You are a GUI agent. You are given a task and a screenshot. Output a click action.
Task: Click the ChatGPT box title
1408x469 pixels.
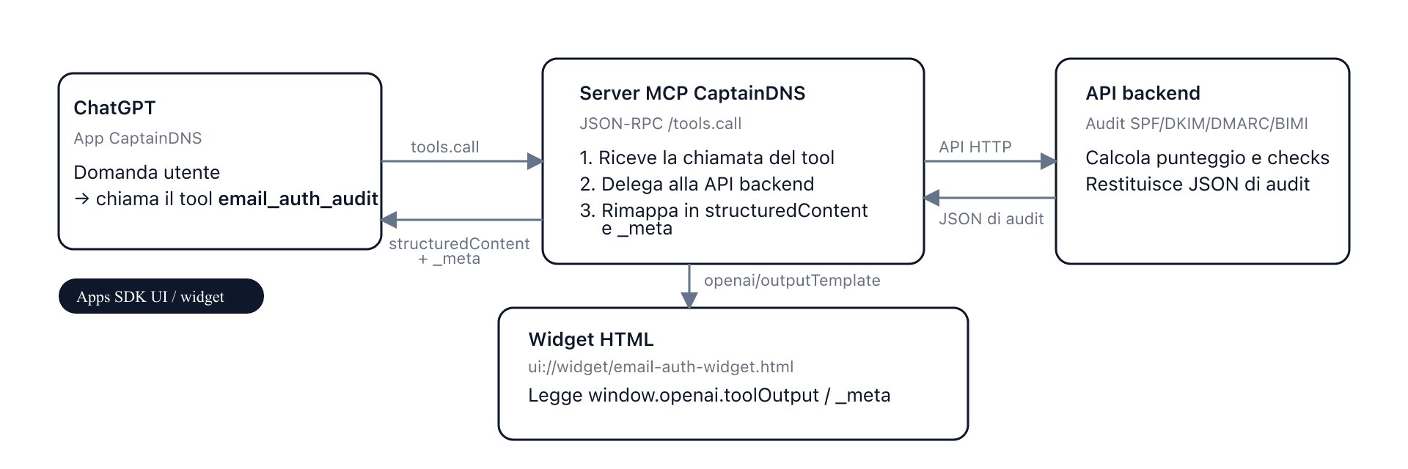[x=114, y=108]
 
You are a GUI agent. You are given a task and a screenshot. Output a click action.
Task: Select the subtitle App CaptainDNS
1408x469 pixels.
[x=137, y=139]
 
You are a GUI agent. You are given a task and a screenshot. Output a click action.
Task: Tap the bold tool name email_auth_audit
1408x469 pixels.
[x=298, y=199]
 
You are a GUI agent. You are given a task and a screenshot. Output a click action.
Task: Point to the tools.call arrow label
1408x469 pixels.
[x=444, y=147]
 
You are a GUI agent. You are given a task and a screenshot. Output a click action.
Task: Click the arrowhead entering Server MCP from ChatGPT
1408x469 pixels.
[x=535, y=161]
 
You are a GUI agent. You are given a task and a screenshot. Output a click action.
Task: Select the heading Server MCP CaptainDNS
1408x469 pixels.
[x=692, y=93]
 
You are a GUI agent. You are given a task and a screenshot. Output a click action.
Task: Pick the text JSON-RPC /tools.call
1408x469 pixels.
[x=660, y=124]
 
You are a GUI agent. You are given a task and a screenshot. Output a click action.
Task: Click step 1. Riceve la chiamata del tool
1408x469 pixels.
[x=706, y=158]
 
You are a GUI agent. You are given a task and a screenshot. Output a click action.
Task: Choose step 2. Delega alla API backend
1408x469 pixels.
[x=697, y=184]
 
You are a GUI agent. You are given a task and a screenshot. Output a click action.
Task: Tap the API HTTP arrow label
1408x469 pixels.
[x=975, y=147]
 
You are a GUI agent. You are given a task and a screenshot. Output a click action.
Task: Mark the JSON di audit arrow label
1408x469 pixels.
[x=991, y=219]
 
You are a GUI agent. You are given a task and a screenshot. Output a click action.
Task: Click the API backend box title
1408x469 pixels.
[x=1143, y=93]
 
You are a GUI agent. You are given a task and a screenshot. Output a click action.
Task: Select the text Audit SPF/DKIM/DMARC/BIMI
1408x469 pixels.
[x=1196, y=124]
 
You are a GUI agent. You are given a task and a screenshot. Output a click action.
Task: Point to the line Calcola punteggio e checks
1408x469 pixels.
[x=1207, y=158]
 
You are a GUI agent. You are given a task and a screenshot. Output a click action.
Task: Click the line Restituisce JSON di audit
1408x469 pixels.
[x=1197, y=184]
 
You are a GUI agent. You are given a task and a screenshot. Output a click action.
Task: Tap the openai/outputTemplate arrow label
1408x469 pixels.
[x=791, y=281]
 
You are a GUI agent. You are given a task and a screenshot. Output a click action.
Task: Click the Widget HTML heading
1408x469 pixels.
[x=590, y=339]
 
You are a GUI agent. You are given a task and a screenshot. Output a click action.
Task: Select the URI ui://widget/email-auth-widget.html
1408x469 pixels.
[x=660, y=367]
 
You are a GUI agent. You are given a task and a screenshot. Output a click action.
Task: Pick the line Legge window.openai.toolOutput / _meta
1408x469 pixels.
[x=708, y=395]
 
